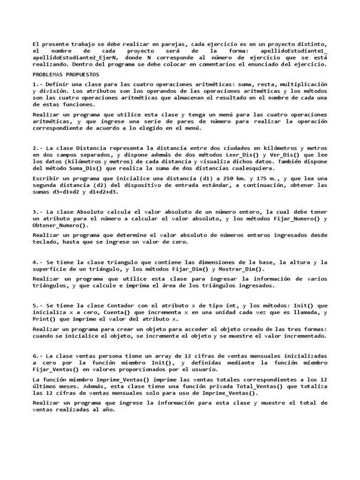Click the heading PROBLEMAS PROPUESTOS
[66, 74]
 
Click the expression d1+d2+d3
[104, 191]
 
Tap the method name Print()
[44, 319]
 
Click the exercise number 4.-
[38, 262]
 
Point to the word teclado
[46, 242]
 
